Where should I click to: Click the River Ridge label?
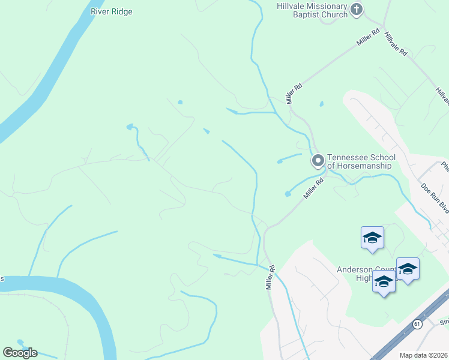[112, 11]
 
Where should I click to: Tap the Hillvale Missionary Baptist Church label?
[312, 10]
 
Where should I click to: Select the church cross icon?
[357, 9]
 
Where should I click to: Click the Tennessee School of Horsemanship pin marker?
[318, 160]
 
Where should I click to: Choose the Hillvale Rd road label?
[396, 44]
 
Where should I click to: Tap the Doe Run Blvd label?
[435, 198]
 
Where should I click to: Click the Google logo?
[20, 353]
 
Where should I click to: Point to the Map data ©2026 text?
[423, 355]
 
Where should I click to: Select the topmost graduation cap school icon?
[372, 238]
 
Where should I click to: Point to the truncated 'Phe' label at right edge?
[444, 166]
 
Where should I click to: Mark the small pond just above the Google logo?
[21, 343]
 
